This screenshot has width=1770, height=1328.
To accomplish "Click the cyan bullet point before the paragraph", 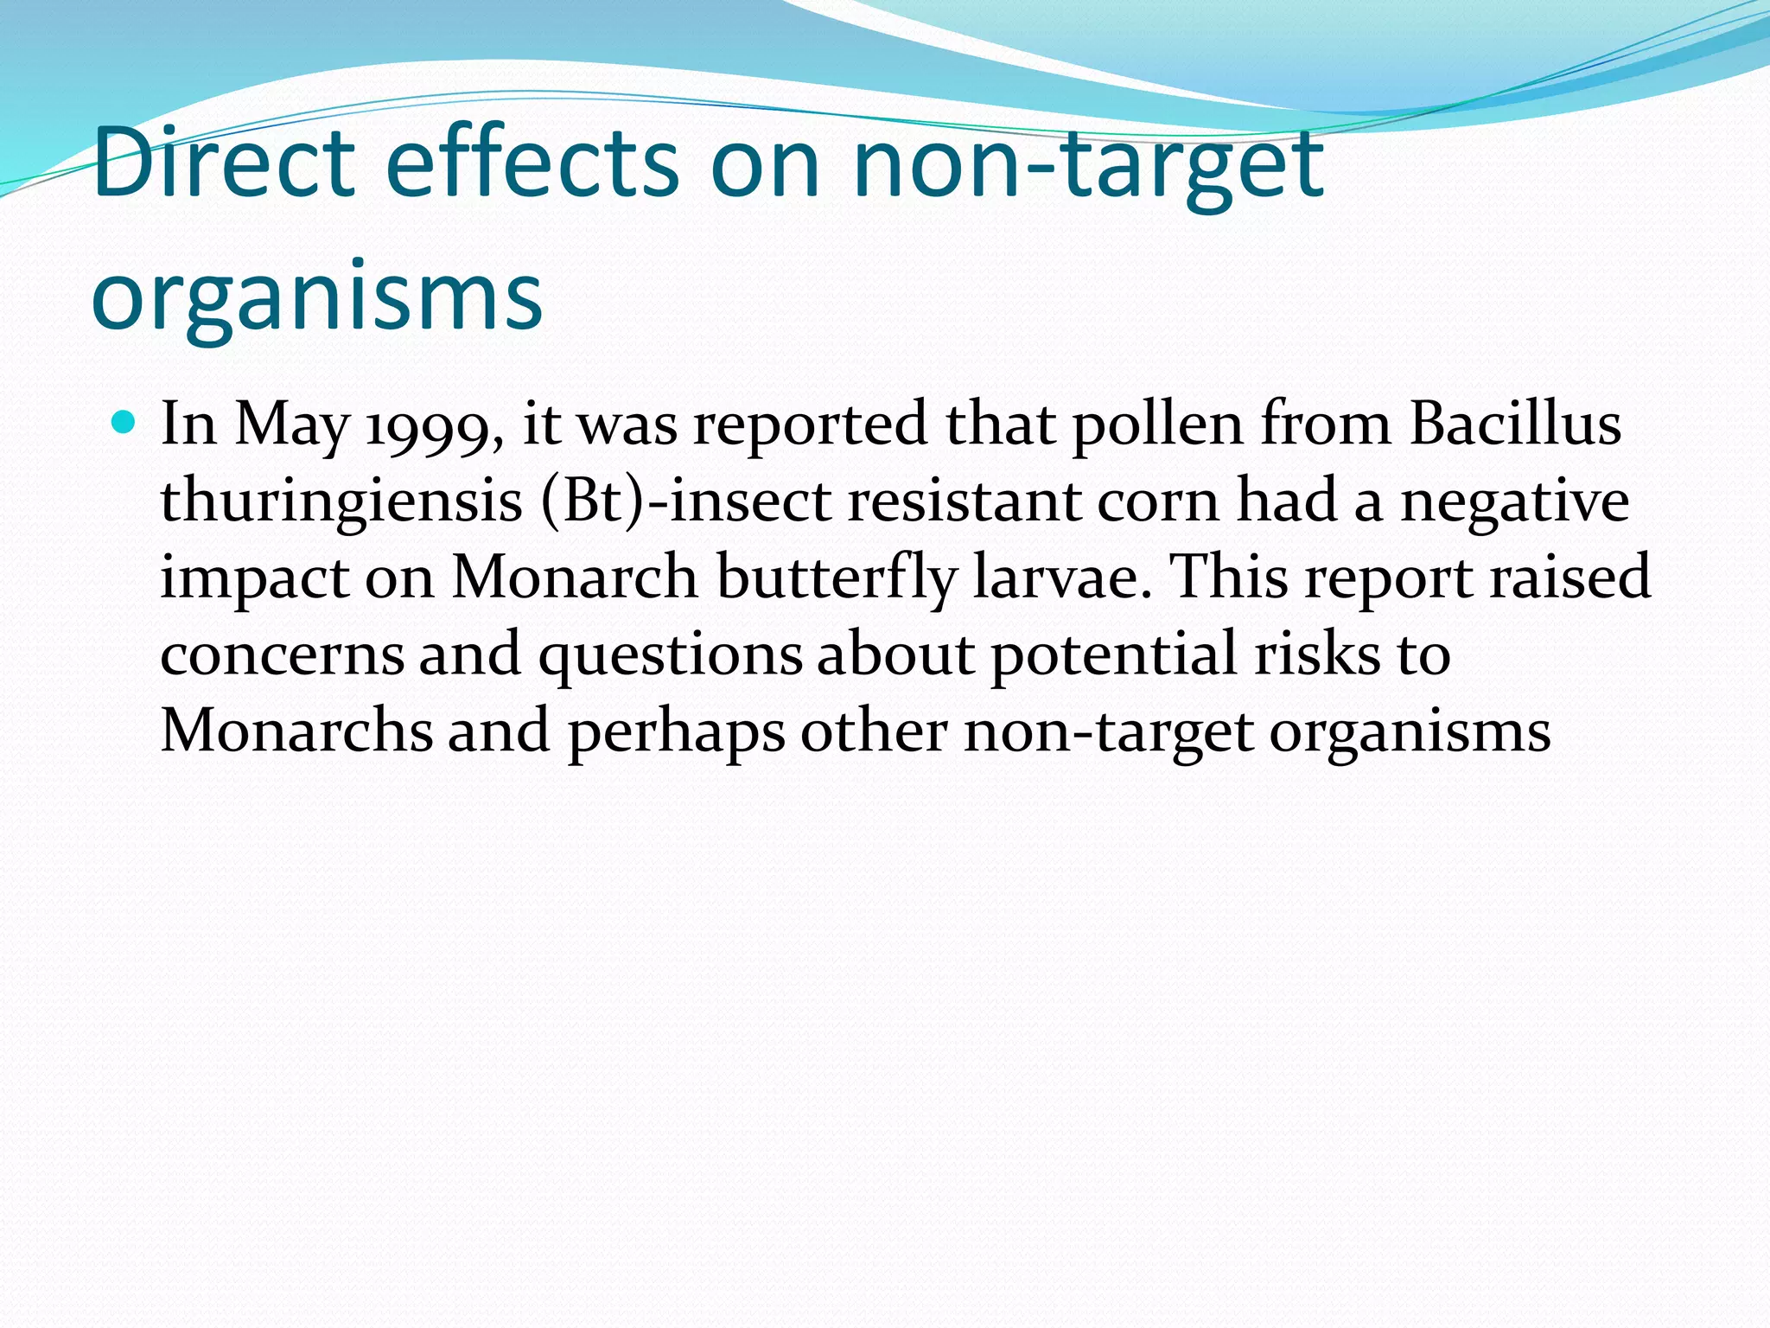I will click(125, 424).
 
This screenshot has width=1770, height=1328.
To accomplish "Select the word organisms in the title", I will click(316, 296).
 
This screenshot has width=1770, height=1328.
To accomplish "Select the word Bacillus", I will click(1515, 425).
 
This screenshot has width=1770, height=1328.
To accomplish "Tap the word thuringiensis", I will click(341, 501).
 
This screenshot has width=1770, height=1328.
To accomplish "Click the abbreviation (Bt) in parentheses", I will click(593, 501).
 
